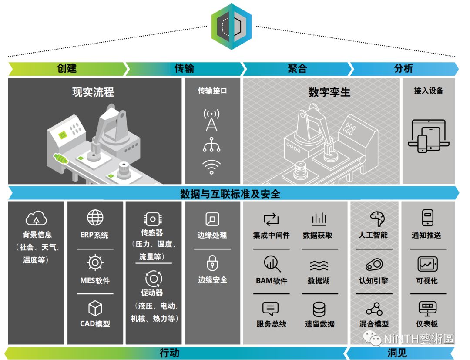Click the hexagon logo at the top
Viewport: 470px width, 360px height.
[x=232, y=26]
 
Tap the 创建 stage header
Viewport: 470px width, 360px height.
[x=67, y=68]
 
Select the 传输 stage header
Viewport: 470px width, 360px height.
[x=184, y=68]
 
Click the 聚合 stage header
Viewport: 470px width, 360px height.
[x=297, y=68]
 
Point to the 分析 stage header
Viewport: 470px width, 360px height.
[x=403, y=68]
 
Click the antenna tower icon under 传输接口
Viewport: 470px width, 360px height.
[x=211, y=120]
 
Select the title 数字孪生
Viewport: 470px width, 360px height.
[x=329, y=92]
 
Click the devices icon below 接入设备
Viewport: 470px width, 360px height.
[x=428, y=136]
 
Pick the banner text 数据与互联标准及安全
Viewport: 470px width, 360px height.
[x=230, y=193]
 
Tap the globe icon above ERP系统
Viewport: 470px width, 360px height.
[x=95, y=217]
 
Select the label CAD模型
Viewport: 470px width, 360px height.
[x=95, y=324]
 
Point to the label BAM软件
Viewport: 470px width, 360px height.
[x=272, y=281]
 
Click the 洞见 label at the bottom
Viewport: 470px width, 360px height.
[x=397, y=353]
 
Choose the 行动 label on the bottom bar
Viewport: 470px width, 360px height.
[x=169, y=353]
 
